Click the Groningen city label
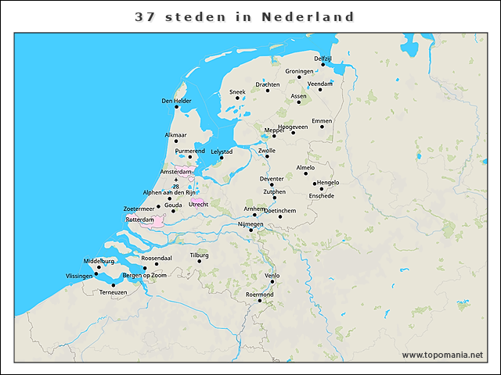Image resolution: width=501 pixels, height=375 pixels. (x=299, y=71)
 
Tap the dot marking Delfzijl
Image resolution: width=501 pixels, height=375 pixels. (x=323, y=65)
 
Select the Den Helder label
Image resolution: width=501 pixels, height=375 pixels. (x=176, y=101)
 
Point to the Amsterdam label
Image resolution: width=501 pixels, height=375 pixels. (x=175, y=171)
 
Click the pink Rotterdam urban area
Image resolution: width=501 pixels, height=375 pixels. (x=158, y=222)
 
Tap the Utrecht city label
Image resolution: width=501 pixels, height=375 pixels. (x=199, y=205)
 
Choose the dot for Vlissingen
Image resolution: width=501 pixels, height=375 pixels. (x=96, y=274)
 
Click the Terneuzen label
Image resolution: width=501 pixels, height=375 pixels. (x=113, y=292)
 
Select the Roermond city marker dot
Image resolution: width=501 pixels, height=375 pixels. (x=260, y=301)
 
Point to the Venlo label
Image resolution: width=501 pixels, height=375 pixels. (x=272, y=276)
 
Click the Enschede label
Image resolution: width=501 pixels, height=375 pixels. (x=322, y=195)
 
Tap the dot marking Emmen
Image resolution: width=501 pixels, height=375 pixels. (x=322, y=127)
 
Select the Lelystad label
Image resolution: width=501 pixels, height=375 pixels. (x=222, y=152)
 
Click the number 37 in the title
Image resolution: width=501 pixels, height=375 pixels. (x=144, y=16)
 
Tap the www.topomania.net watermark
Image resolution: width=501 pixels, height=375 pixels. (x=442, y=355)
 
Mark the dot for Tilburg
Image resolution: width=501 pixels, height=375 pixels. (x=200, y=261)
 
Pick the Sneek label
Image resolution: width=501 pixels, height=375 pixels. (x=237, y=91)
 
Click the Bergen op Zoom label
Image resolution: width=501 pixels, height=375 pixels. (x=145, y=275)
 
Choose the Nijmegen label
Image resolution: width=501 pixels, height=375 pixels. (x=250, y=224)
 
